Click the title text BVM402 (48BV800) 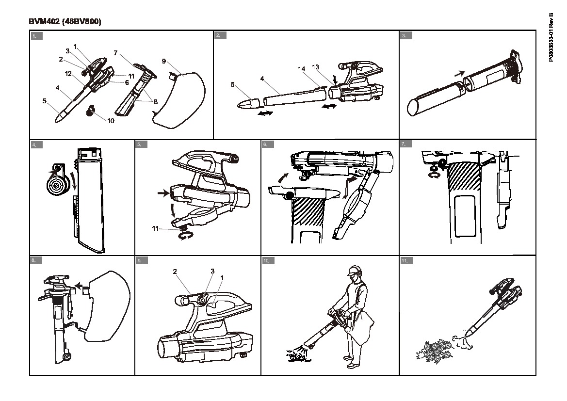65,22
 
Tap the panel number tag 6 266,144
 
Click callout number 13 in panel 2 316,66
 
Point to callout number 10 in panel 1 111,121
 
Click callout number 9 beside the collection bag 164,62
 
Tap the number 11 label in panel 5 155,227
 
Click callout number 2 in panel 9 174,272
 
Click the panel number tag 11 406,261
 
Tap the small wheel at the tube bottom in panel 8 65,358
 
